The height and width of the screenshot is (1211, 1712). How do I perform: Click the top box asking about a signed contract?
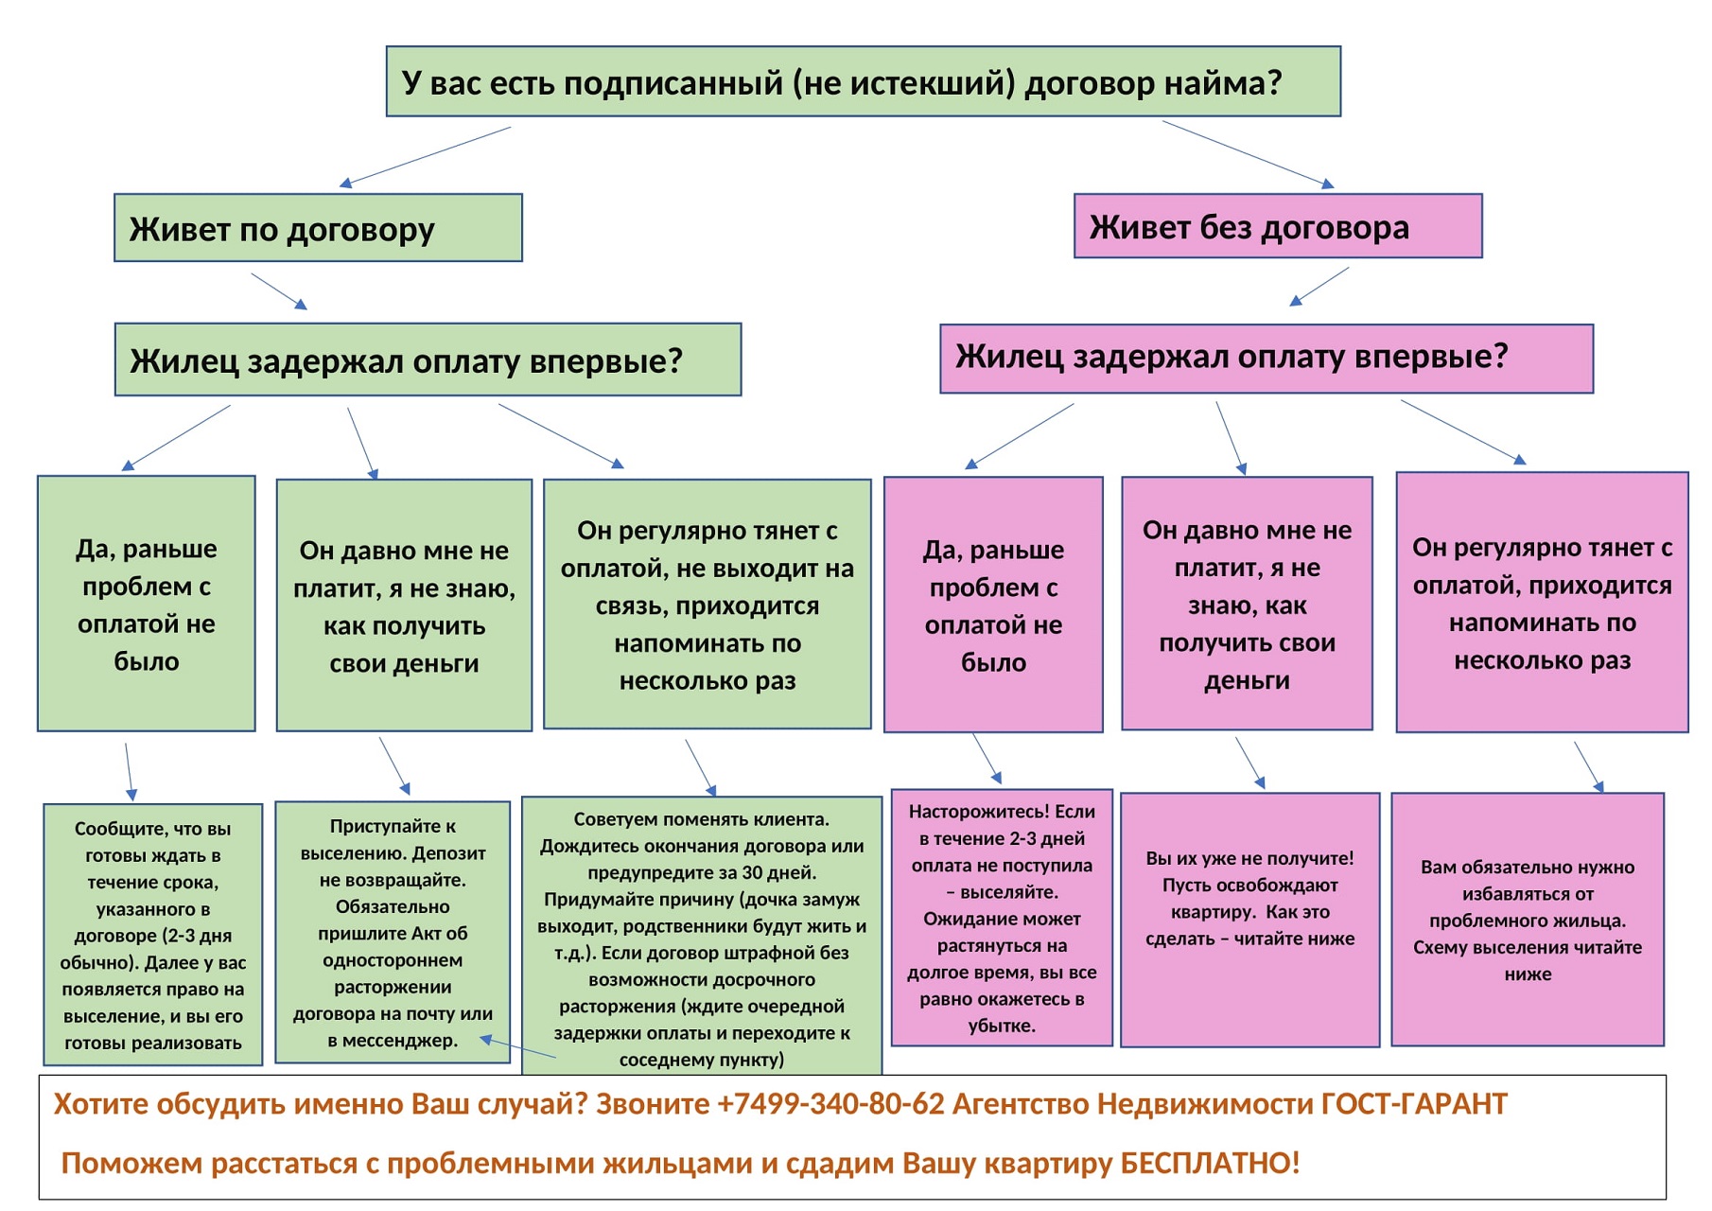863,81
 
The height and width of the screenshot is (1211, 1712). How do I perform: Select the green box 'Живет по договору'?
318,228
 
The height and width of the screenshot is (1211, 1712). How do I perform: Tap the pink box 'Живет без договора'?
1278,226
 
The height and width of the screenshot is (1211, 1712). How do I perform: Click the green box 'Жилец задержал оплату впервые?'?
428,360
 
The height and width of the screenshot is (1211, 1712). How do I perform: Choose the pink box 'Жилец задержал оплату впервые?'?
1267,359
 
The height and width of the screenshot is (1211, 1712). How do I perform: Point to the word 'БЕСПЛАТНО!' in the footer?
1210,1163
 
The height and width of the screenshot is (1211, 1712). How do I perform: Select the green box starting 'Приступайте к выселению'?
393,933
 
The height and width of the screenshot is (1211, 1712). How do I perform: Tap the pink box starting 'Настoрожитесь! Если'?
1002,918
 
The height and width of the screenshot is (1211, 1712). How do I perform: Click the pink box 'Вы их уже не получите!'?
1250,920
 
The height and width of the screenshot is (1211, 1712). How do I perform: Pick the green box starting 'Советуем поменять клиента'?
702,937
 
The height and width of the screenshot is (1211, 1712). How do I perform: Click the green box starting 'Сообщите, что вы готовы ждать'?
152,935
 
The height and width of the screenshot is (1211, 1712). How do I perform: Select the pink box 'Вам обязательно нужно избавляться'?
1528,920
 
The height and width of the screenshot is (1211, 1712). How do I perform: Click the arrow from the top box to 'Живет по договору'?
426,156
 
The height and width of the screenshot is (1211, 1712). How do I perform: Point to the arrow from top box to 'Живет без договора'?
1248,154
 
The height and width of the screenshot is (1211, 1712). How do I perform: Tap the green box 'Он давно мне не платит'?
404,605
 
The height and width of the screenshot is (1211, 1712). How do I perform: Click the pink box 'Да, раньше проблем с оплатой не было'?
993,605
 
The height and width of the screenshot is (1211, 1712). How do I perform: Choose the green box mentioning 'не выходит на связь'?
708,604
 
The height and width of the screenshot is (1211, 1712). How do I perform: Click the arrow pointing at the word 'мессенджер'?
518,1047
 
